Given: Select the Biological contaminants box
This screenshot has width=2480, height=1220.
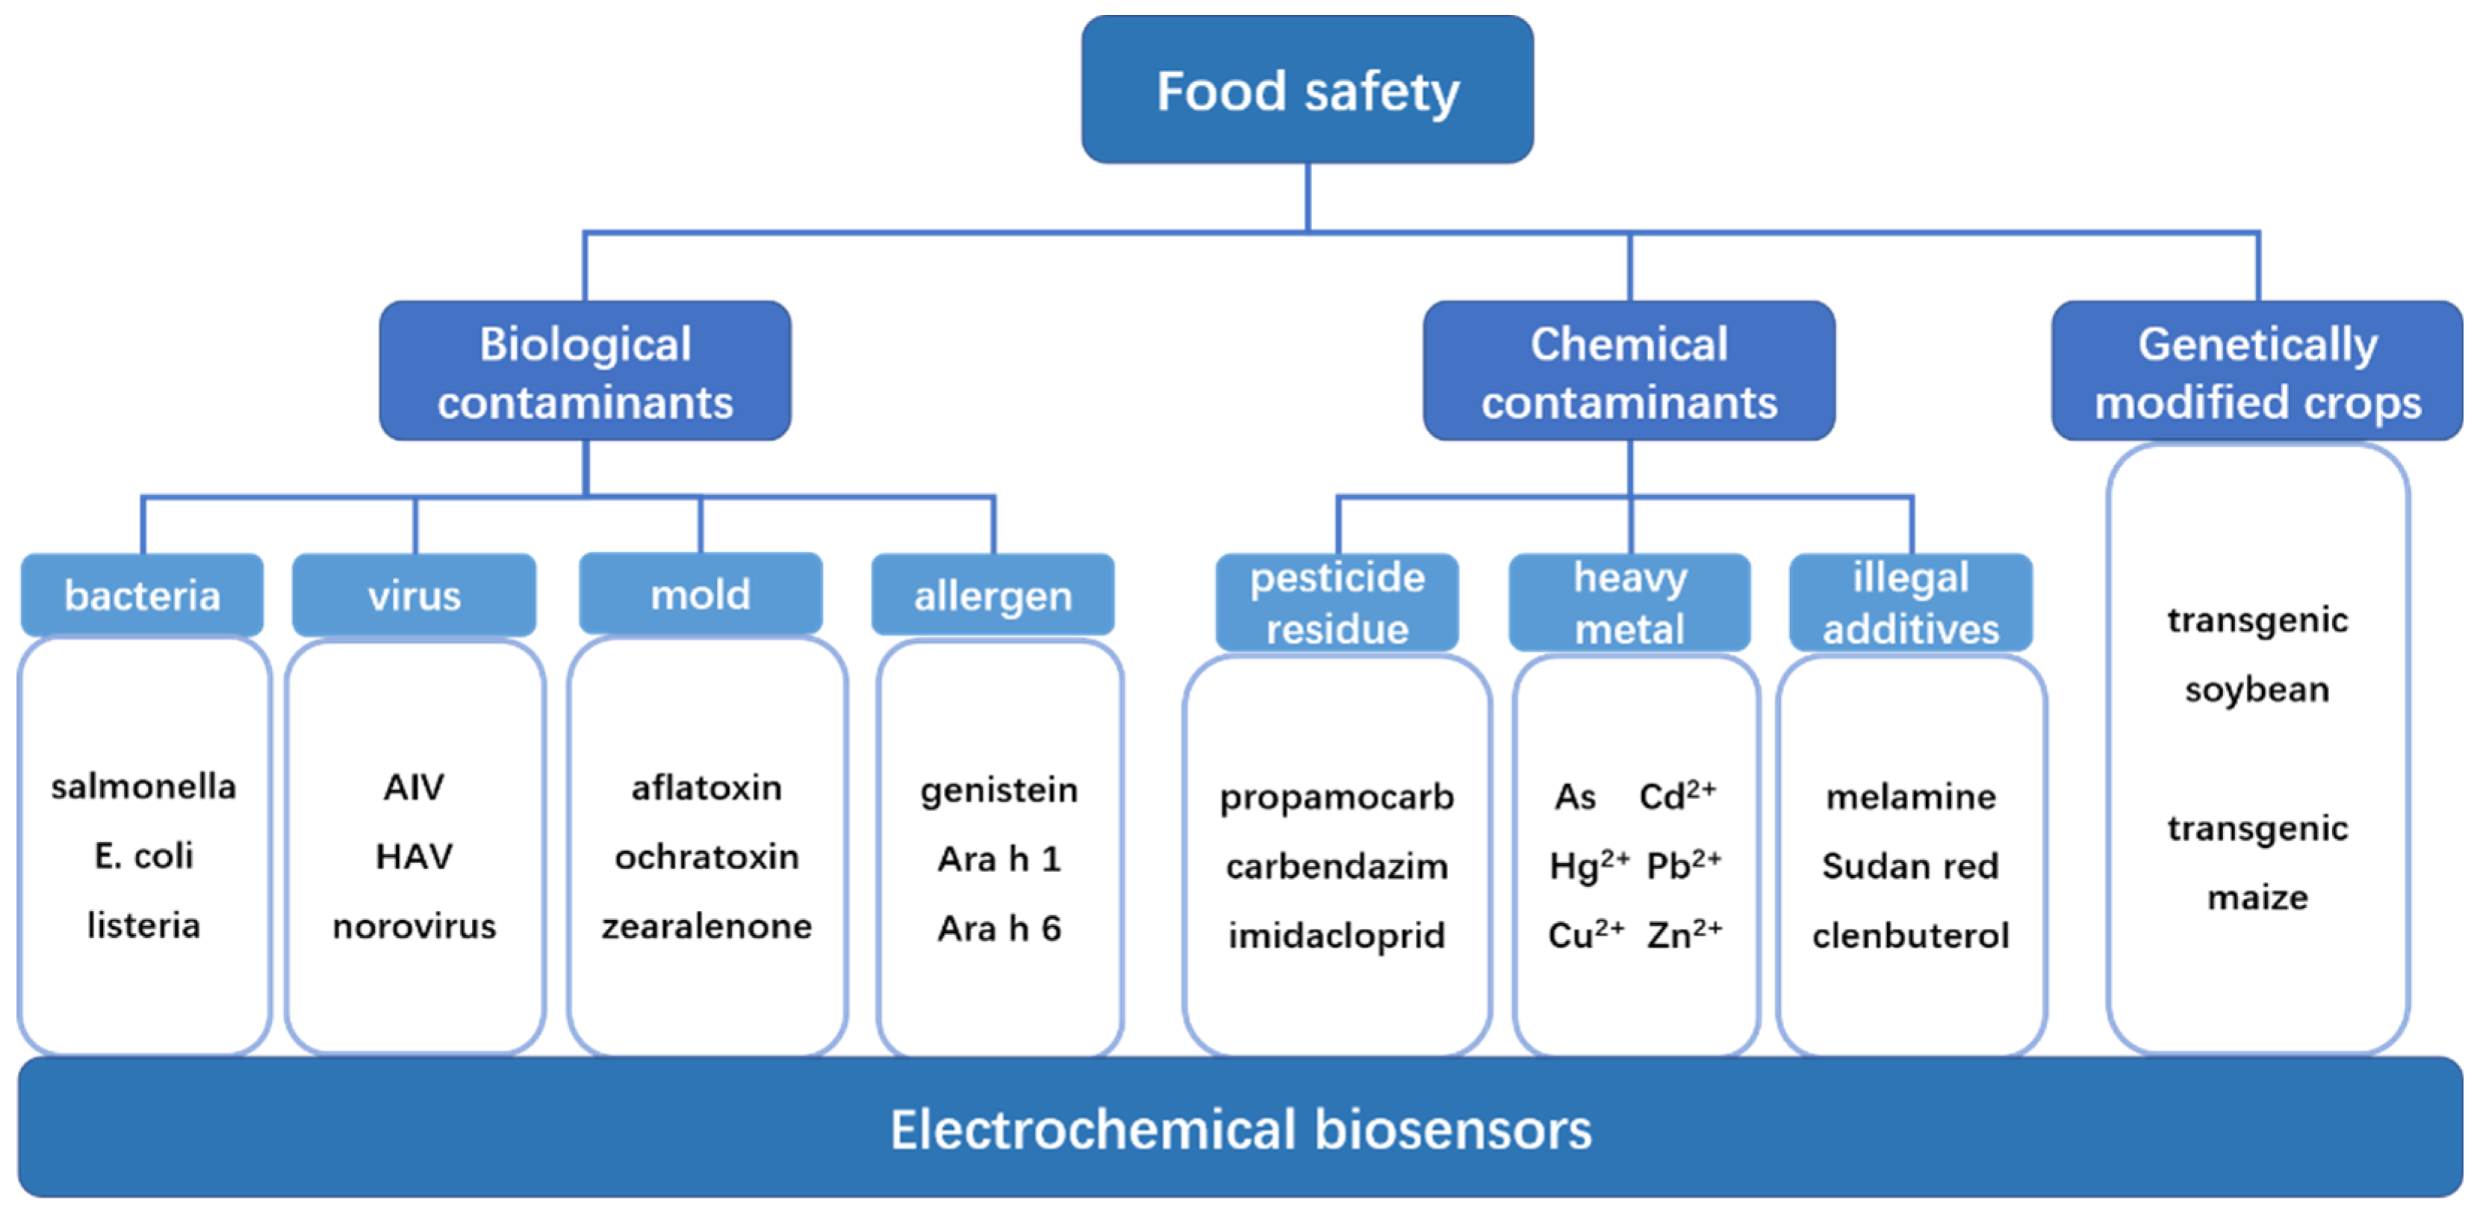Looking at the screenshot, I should [x=585, y=372].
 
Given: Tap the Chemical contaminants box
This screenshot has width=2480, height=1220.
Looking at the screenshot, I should [x=1628, y=372].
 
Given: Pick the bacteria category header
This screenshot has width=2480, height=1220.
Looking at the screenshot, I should [x=142, y=595].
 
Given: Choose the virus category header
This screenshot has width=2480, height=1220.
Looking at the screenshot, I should [x=414, y=595].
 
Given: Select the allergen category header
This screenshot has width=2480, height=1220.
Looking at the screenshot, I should [x=992, y=595].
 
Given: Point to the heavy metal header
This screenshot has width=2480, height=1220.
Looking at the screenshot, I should [x=1629, y=603].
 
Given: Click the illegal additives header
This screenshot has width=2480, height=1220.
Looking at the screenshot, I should [x=1910, y=603].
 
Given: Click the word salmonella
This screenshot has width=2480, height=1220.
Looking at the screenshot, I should [x=143, y=787].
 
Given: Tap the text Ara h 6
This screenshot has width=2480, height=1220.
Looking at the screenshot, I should [x=999, y=928].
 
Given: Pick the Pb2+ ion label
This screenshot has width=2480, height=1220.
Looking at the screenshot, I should [x=1683, y=865].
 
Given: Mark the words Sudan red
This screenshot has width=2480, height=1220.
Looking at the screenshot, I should [x=1910, y=865].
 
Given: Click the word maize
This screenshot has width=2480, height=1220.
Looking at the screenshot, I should [x=2257, y=898].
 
